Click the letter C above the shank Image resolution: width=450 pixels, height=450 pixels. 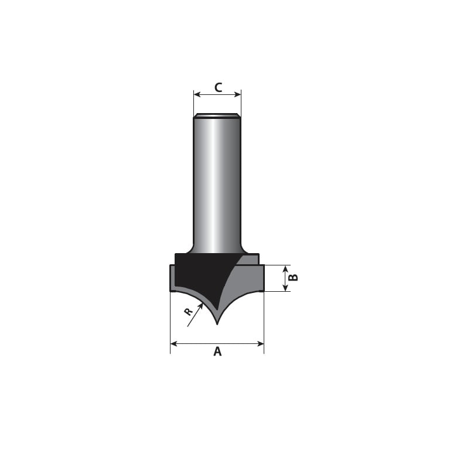(218, 87)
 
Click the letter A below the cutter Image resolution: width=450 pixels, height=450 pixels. (217, 352)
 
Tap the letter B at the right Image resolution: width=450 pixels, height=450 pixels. (294, 278)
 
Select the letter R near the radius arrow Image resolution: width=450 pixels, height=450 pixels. (188, 312)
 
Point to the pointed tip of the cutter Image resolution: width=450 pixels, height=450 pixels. (217, 324)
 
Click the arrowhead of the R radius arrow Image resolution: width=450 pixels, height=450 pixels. (201, 306)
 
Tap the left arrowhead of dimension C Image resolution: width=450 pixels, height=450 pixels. (197, 94)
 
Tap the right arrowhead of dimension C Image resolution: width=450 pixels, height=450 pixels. (238, 94)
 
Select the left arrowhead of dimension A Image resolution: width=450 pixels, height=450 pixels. (173, 343)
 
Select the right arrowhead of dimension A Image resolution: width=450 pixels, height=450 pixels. (261, 343)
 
